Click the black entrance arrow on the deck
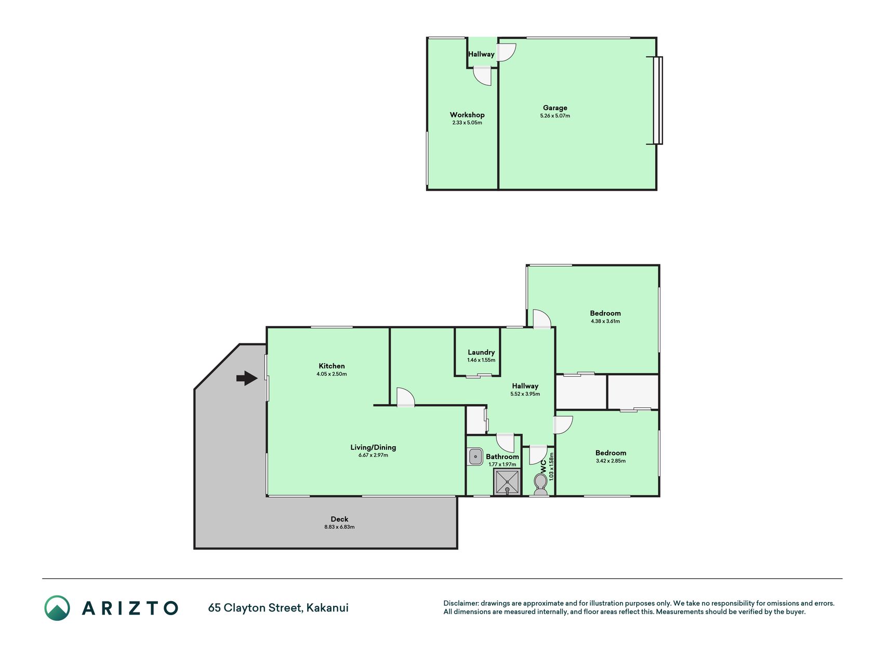(247, 378)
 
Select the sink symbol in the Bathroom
(475, 457)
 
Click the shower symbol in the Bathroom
(507, 482)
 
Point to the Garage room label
(555, 108)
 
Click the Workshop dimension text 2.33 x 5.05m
(467, 123)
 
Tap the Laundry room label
(481, 352)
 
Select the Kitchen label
(332, 366)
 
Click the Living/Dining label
(373, 447)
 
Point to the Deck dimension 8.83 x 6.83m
(339, 527)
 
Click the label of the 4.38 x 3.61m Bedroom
(605, 313)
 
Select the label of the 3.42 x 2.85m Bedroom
(611, 453)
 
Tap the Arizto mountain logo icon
(57, 608)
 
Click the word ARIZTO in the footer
(130, 608)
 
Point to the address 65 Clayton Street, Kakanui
(278, 608)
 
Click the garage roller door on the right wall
(658, 100)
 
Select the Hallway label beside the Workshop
(481, 54)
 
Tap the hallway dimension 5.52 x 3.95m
(525, 394)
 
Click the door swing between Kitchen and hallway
(406, 397)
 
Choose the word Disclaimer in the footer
(461, 603)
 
